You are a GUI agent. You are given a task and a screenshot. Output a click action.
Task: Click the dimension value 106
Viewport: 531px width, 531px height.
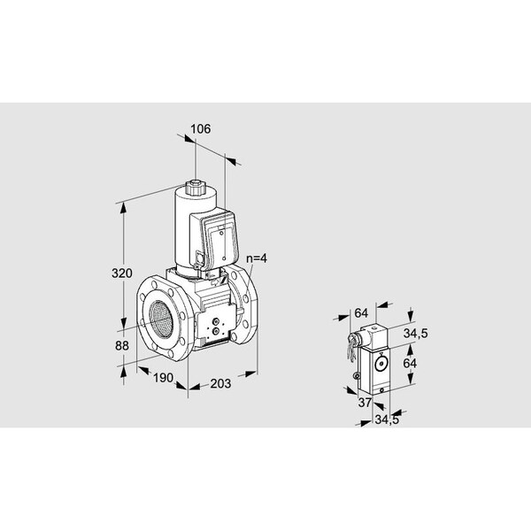point(200,129)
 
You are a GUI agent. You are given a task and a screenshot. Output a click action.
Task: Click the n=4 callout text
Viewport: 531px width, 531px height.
point(258,258)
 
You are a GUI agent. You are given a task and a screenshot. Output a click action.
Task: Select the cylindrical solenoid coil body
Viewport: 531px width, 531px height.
point(186,226)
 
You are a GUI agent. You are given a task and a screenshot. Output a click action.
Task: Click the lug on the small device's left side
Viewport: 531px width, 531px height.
point(356,380)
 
